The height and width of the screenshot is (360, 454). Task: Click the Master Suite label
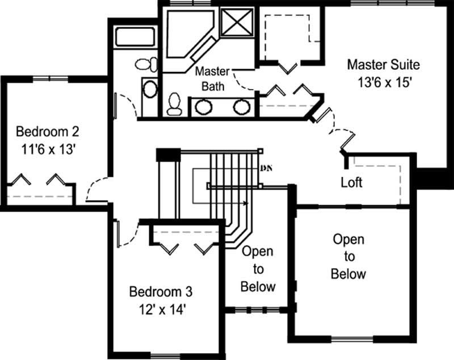[383, 63]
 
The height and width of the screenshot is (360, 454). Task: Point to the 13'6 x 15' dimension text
[383, 81]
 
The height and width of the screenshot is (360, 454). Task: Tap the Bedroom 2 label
[47, 132]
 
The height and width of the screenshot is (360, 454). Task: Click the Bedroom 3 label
[161, 293]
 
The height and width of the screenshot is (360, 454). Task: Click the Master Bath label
[212, 79]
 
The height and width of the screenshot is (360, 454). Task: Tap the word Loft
[352, 183]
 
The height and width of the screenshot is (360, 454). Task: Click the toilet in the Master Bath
[174, 104]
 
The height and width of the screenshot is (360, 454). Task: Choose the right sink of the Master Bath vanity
[242, 106]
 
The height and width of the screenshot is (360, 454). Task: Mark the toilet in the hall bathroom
[147, 63]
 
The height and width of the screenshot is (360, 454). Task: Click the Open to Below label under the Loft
[348, 257]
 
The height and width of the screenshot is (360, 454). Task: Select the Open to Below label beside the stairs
[258, 269]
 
